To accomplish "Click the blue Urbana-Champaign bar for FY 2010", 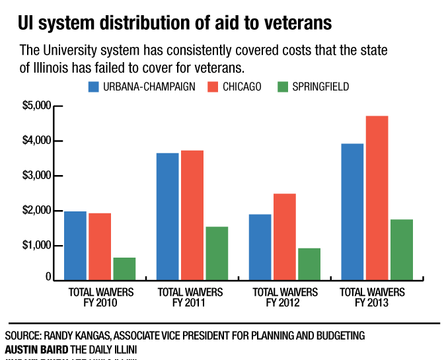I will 75,245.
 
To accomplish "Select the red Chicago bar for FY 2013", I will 377,198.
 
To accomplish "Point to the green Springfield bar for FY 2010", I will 124,268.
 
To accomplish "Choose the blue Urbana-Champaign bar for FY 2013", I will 352,211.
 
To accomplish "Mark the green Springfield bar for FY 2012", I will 309,264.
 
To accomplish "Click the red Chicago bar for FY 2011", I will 192,215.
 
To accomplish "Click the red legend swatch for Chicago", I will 213,87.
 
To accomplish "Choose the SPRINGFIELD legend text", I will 322,87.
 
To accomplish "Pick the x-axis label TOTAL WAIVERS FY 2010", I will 101,297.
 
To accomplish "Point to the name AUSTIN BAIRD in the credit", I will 32,348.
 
